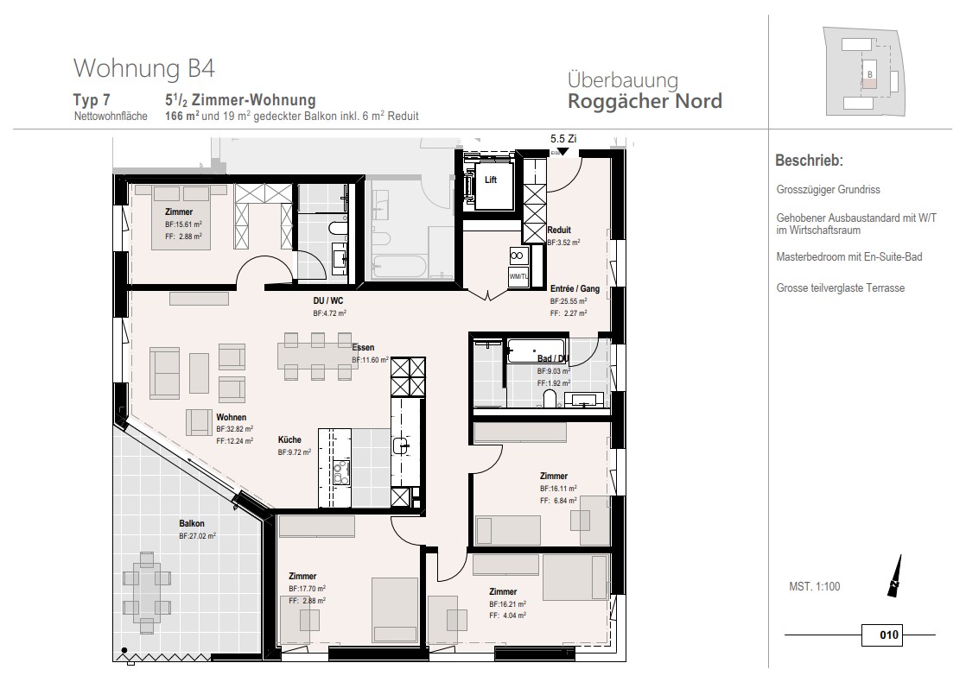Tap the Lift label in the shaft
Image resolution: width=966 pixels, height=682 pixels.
[x=491, y=180]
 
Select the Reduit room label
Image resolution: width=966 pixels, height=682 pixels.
[x=559, y=230]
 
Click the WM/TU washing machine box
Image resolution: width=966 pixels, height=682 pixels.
[x=518, y=276]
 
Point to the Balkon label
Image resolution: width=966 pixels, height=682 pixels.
[x=192, y=523]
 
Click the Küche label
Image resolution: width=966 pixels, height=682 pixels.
[x=289, y=439]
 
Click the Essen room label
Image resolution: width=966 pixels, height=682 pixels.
[x=363, y=347]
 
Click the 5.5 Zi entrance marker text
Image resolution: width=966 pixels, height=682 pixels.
[x=563, y=138]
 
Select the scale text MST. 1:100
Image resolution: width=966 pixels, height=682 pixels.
[x=814, y=587]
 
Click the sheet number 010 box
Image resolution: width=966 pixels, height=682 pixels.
[x=889, y=636]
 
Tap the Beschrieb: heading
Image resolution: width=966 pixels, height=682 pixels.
[x=809, y=161]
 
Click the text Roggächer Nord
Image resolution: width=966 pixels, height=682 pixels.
[x=645, y=102]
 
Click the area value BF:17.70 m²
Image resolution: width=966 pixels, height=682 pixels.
[x=307, y=588]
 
